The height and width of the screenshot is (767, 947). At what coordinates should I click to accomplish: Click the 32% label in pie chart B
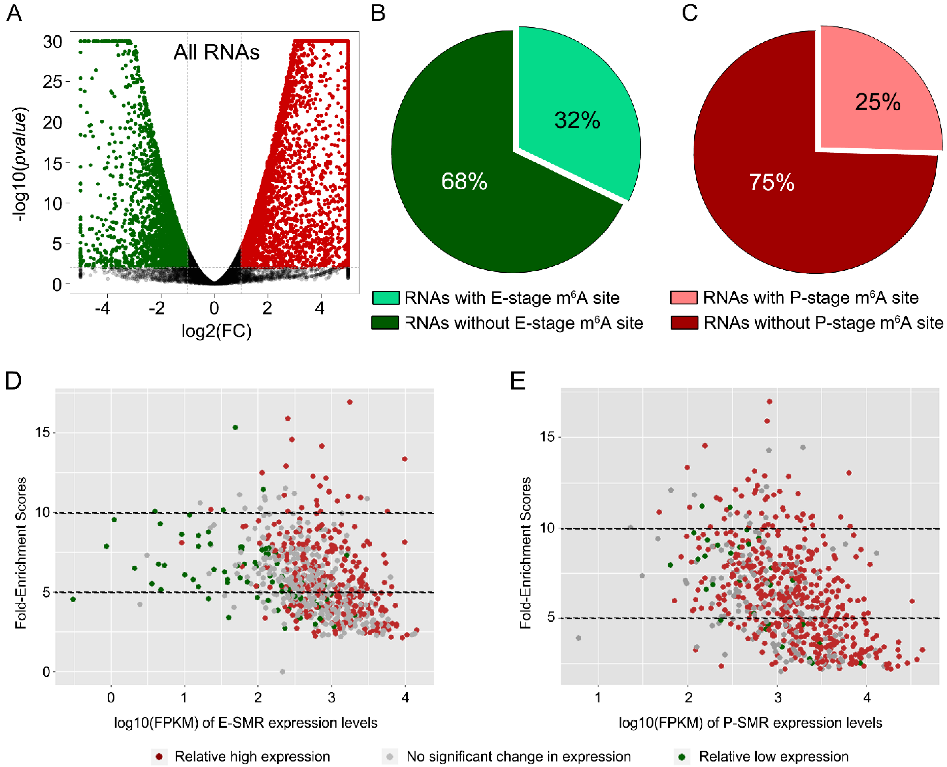click(x=577, y=120)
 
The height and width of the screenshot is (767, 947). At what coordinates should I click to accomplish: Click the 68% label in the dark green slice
click(x=464, y=181)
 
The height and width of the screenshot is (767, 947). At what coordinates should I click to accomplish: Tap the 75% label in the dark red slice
click(x=771, y=182)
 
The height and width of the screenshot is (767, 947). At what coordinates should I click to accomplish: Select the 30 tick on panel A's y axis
click(x=53, y=42)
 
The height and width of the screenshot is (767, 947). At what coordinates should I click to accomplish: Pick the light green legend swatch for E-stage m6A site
click(x=386, y=298)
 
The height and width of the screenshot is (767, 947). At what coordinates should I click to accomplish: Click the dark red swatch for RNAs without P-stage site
click(x=684, y=323)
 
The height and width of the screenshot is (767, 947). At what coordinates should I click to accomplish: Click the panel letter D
click(x=13, y=380)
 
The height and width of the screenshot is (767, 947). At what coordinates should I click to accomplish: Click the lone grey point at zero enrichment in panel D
click(x=282, y=672)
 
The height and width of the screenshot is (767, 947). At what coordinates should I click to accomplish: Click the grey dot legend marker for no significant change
click(x=389, y=757)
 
